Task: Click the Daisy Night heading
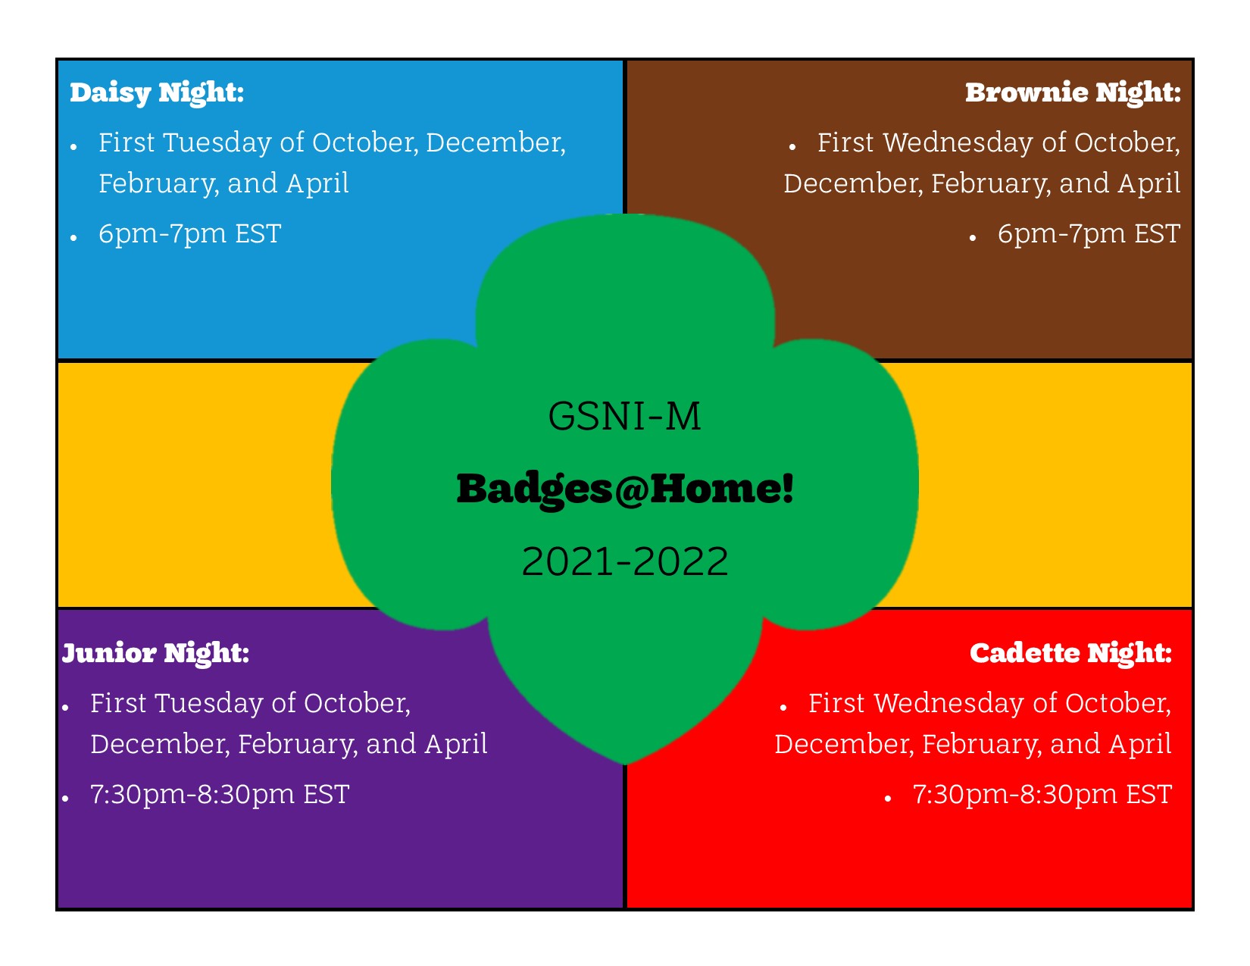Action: tap(157, 93)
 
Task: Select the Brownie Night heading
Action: tap(1073, 93)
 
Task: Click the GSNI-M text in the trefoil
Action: tap(624, 416)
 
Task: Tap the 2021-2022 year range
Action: tap(625, 561)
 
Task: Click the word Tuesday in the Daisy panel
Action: tap(218, 143)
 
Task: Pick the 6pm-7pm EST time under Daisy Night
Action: tap(190, 234)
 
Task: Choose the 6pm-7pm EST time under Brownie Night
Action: tap(1089, 234)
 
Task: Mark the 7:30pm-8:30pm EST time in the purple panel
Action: tap(220, 795)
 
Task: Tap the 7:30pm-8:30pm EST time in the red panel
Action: tap(1042, 795)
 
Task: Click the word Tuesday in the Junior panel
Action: tap(210, 704)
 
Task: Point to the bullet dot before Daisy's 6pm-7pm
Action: tap(73, 237)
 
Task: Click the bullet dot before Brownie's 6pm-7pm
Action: tap(972, 237)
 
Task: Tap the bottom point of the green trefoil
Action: tap(625, 764)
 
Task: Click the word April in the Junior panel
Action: tap(456, 745)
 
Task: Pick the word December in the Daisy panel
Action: tap(495, 143)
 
